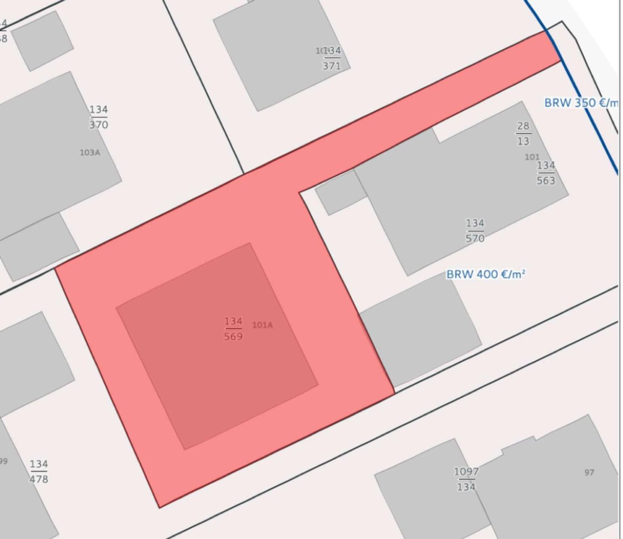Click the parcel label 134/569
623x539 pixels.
point(234,329)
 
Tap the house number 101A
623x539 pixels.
point(263,325)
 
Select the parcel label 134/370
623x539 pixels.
point(99,117)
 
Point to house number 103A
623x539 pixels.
point(90,153)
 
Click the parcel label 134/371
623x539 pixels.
point(332,59)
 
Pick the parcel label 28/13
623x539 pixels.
point(523,134)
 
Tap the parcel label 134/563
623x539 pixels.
point(546,173)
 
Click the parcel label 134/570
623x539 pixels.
point(475,231)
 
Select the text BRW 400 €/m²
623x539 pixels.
point(485,274)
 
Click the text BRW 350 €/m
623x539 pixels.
point(580,102)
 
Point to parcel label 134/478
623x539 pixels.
point(39,471)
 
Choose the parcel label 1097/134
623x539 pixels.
point(466,479)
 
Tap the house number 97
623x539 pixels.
point(589,473)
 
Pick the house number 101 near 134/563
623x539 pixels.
point(532,157)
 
